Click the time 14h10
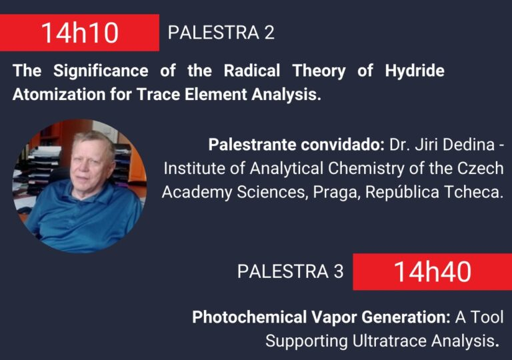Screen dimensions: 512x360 tap(80, 33)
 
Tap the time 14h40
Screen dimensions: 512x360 tap(432, 272)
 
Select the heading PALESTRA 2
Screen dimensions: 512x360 tap(221, 33)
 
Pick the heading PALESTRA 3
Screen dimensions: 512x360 tap(290, 271)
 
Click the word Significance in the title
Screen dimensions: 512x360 tap(101, 71)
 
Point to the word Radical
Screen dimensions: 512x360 tap(252, 71)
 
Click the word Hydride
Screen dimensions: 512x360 tap(415, 71)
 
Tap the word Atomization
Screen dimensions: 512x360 tap(59, 95)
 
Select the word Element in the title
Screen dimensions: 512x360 tap(215, 95)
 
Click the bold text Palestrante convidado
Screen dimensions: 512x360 tap(297, 145)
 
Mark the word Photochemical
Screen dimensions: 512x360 tap(249, 317)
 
